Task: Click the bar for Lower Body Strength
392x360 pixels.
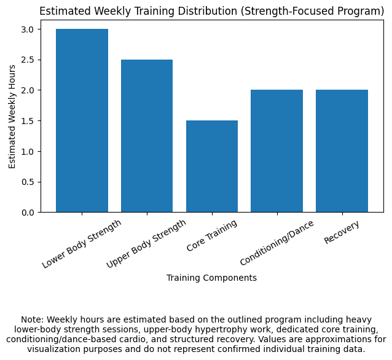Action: coord(82,120)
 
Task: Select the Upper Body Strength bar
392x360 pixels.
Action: coord(147,136)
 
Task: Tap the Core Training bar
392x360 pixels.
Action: coord(212,166)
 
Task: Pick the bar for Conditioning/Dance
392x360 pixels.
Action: coord(276,151)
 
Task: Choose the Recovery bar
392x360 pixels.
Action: coord(342,151)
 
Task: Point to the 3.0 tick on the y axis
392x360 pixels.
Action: coord(29,29)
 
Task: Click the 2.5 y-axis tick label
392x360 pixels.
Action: coord(29,60)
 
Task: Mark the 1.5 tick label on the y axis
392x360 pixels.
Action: coord(29,121)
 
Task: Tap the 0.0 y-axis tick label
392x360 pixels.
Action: coord(29,213)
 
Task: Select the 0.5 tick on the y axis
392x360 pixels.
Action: coord(29,182)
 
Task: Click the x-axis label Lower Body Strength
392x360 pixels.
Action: coord(82,244)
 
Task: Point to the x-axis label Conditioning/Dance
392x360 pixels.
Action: coord(277,242)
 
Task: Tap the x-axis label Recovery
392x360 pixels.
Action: coord(342,232)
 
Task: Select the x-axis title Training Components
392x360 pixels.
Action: coord(211,278)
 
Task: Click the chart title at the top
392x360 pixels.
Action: coord(212,10)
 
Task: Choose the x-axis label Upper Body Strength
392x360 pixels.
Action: coord(147,244)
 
